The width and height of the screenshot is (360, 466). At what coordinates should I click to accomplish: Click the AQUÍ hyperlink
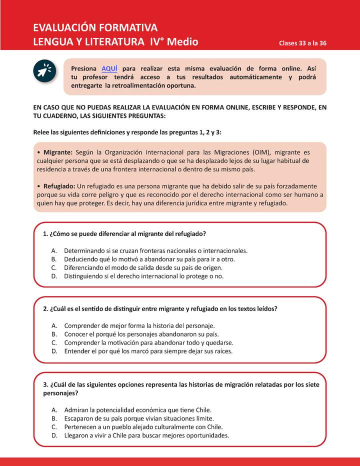(109, 68)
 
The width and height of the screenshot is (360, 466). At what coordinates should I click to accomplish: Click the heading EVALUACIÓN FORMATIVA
(95, 27)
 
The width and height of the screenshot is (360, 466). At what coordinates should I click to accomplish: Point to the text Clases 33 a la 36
(302, 43)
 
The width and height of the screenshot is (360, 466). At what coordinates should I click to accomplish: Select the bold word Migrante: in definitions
(58, 151)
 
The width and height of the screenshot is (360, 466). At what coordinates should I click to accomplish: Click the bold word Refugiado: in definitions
(59, 185)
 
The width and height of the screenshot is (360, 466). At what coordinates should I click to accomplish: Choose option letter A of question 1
(53, 250)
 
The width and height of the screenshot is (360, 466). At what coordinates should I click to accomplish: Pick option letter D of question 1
(54, 276)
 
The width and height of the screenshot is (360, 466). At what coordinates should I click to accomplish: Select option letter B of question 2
(53, 334)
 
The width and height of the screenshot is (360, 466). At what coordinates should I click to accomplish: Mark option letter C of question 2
(53, 342)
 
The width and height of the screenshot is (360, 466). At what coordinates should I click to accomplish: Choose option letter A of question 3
(53, 409)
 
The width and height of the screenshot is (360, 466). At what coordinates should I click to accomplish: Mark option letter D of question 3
(54, 435)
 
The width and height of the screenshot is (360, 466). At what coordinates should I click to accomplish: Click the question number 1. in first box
(45, 234)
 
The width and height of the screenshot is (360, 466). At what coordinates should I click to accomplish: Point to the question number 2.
(45, 308)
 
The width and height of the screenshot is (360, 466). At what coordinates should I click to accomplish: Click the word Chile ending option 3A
(202, 409)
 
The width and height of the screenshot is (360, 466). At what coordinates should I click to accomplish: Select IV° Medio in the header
(174, 41)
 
